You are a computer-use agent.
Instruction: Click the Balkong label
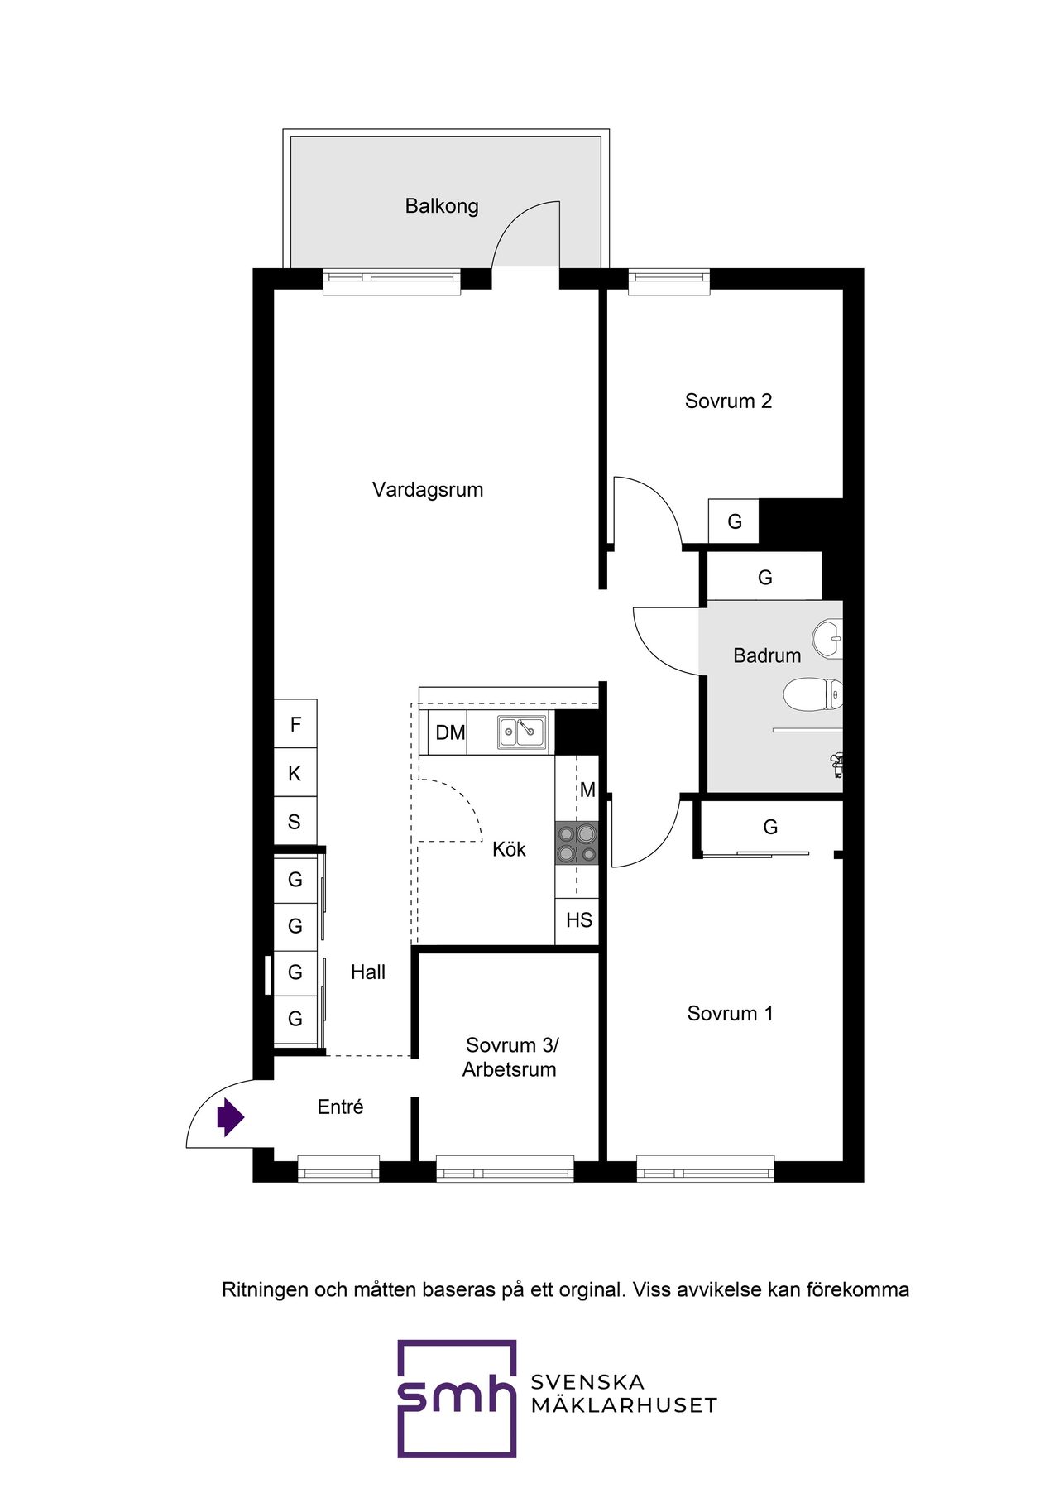click(442, 206)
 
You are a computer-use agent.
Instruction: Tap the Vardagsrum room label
click(428, 489)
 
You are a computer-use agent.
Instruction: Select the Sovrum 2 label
click(728, 401)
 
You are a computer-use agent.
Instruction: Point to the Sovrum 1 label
click(730, 1014)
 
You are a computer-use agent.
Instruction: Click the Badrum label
click(767, 655)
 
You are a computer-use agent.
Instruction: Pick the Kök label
click(509, 849)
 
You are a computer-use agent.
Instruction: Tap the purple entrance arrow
click(230, 1117)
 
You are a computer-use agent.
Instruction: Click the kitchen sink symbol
click(521, 732)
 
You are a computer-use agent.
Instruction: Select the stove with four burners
click(577, 843)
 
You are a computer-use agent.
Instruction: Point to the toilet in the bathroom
click(812, 694)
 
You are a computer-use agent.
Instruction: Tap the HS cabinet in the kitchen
click(577, 920)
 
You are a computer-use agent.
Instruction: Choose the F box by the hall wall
click(295, 724)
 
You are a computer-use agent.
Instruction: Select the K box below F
click(295, 773)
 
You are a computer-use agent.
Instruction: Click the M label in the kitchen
click(587, 790)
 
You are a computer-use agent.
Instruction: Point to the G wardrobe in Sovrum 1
click(769, 827)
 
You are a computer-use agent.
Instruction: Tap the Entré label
click(340, 1107)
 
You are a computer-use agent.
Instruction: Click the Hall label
click(368, 972)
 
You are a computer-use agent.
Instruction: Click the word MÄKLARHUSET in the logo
click(624, 1405)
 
